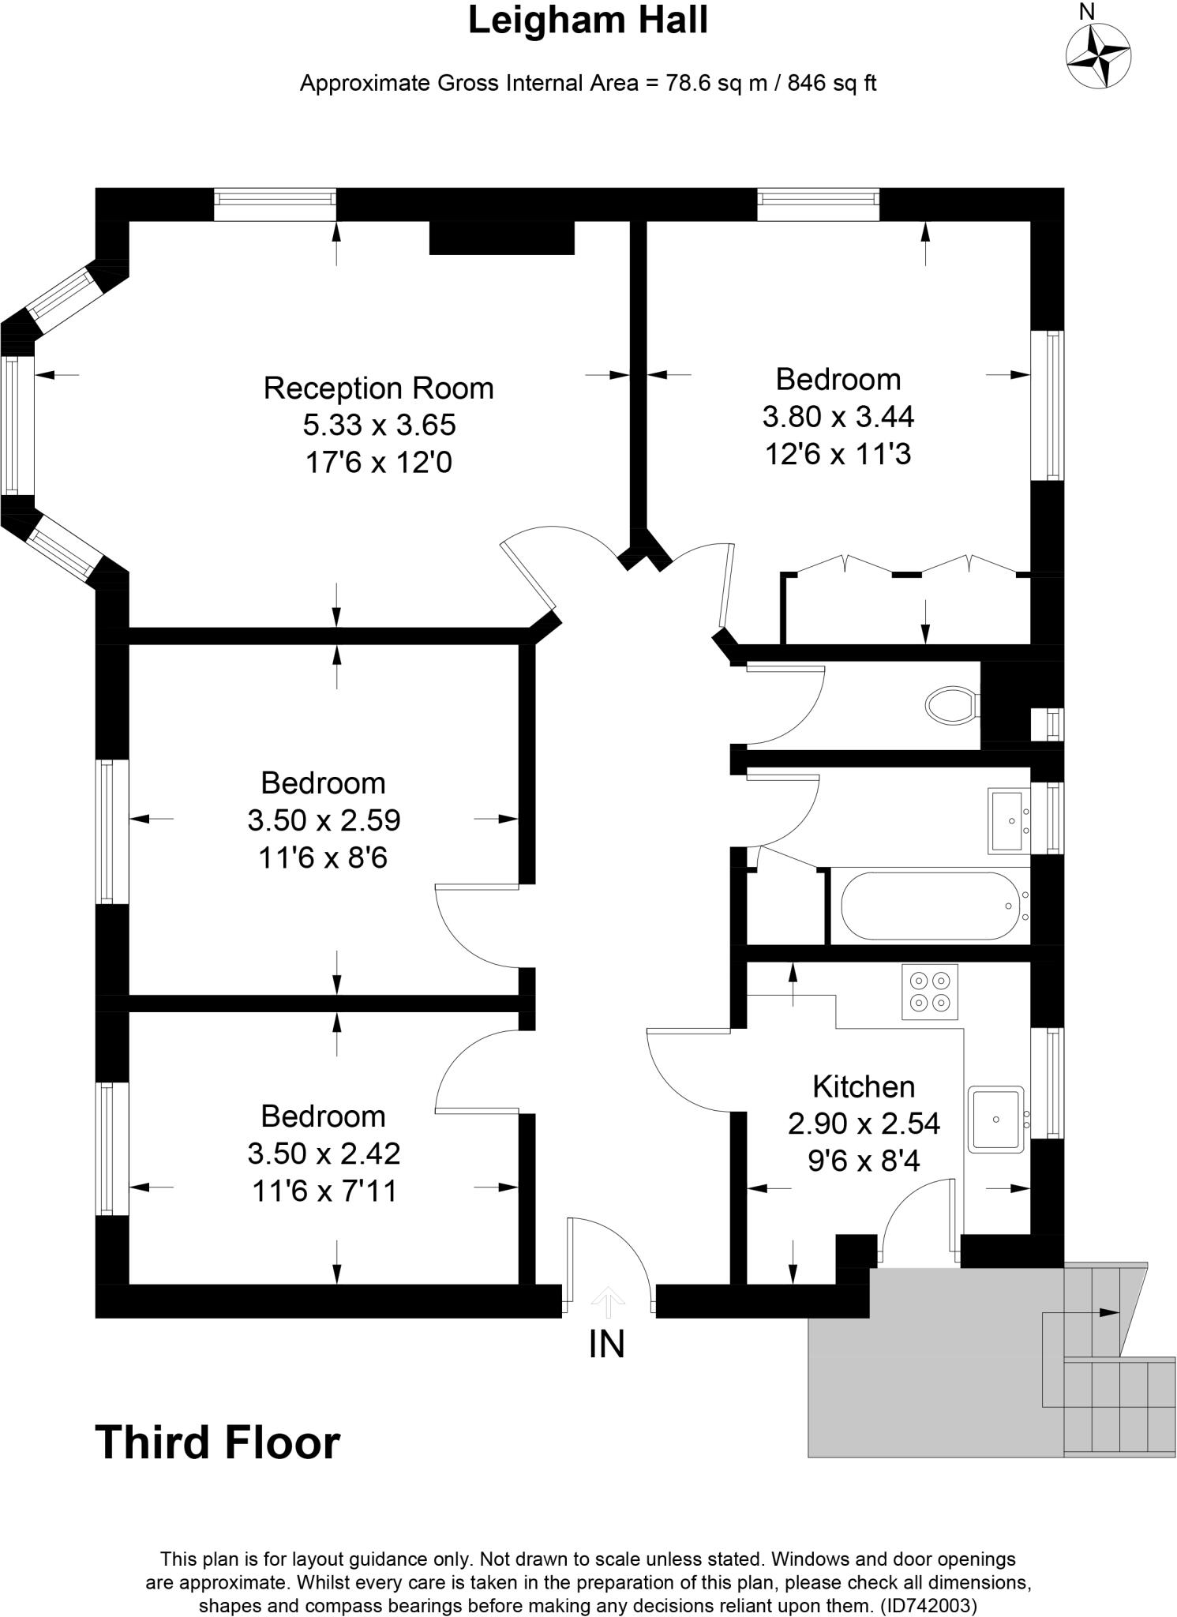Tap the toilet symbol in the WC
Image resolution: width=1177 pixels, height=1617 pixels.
[x=952, y=704]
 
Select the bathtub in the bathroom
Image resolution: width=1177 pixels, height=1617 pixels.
[x=930, y=906]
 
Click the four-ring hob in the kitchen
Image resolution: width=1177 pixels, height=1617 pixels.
[x=929, y=992]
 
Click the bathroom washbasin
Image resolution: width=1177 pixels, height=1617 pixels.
[x=1008, y=820]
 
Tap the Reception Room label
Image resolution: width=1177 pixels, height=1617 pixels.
[x=378, y=388]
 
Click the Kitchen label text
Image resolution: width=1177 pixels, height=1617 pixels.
[x=863, y=1086]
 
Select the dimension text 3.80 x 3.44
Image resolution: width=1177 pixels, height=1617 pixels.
[x=838, y=416]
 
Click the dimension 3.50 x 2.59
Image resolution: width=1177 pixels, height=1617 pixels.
[x=324, y=820]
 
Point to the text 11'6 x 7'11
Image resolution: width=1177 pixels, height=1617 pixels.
[x=324, y=1191]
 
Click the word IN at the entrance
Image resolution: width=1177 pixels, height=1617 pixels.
[x=606, y=1345]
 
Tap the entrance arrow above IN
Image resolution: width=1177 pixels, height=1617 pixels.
[x=607, y=1302]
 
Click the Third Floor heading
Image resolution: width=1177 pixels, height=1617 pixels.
[x=217, y=1443]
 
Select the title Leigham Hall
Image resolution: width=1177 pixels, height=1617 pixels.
[x=588, y=21]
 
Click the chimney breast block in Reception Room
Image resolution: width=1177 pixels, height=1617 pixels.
[x=501, y=238]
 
